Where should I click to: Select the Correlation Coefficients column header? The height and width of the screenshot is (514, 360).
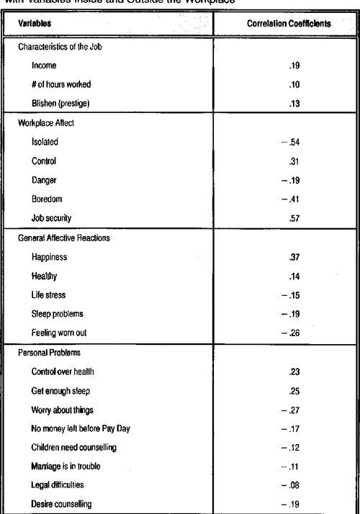click(288, 23)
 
